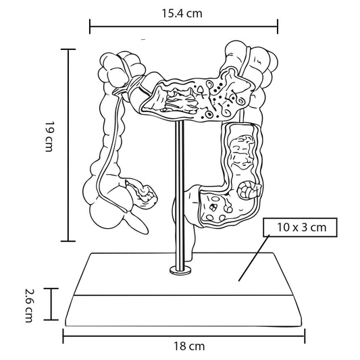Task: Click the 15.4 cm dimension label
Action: pyautogui.click(x=182, y=14)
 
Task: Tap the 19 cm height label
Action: pyautogui.click(x=49, y=136)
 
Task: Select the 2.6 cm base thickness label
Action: pyautogui.click(x=30, y=305)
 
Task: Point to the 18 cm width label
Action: pyautogui.click(x=189, y=346)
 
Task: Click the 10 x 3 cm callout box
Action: pyautogui.click(x=300, y=228)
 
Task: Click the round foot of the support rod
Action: pyautogui.click(x=180, y=270)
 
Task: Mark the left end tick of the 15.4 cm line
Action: pyautogui.click(x=90, y=26)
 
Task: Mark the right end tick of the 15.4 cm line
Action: pyautogui.click(x=278, y=26)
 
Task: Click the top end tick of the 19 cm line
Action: pyautogui.click(x=68, y=49)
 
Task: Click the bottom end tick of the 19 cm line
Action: pyautogui.click(x=68, y=241)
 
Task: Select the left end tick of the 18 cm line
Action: pyautogui.click(x=63, y=336)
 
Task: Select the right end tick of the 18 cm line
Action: pyautogui.click(x=305, y=336)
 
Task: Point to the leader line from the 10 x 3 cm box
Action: pyautogui.click(x=254, y=258)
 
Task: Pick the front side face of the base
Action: pyautogui.click(x=183, y=311)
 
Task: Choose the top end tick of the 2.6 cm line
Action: pyautogui.click(x=51, y=288)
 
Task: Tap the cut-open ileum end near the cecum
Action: pyautogui.click(x=143, y=195)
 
